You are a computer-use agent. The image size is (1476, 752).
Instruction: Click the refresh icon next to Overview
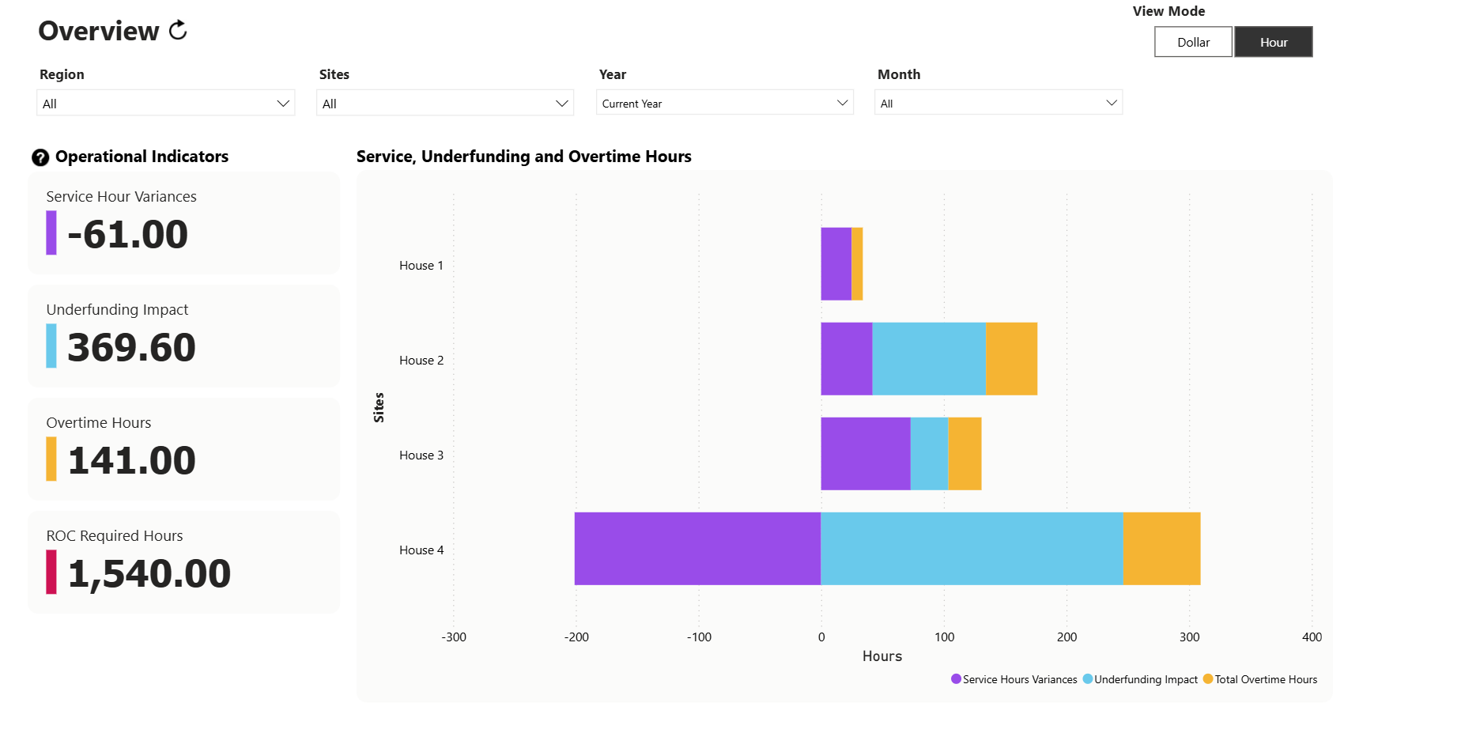click(179, 30)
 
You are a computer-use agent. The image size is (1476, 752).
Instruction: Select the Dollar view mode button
click(1192, 42)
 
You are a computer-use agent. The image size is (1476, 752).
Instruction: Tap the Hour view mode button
click(1273, 42)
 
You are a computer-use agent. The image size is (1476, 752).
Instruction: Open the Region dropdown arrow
click(283, 104)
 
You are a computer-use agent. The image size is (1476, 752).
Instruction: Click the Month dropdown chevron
click(1111, 103)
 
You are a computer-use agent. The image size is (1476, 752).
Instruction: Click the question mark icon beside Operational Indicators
click(40, 157)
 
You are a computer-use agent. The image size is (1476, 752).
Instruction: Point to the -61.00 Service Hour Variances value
click(127, 234)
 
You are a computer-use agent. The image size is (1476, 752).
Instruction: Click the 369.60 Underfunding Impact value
click(131, 347)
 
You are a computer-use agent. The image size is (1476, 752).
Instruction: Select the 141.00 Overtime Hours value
click(131, 460)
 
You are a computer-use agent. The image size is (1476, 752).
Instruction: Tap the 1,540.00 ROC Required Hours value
click(149, 573)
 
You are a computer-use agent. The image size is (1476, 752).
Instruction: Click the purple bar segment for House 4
click(697, 549)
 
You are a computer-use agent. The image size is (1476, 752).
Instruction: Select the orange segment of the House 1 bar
click(857, 264)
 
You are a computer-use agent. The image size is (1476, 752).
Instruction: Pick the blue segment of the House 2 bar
click(929, 359)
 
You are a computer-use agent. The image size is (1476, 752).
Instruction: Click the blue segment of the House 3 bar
click(929, 454)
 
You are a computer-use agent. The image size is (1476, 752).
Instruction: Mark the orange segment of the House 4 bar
click(1161, 549)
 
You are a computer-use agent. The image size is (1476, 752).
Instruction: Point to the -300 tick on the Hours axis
click(454, 637)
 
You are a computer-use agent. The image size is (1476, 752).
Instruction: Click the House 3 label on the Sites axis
click(421, 455)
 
